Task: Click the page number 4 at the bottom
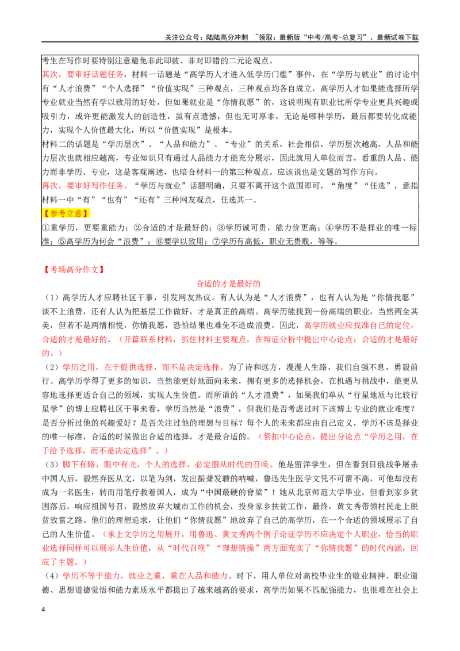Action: pyautogui.click(x=44, y=610)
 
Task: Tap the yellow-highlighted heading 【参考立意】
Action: pyautogui.click(x=66, y=213)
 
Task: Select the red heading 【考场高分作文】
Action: pyautogui.click(x=74, y=270)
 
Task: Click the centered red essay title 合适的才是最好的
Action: pyautogui.click(x=228, y=284)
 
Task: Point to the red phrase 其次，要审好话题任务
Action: pyautogui.click(x=83, y=74)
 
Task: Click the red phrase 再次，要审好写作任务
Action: pyautogui.click(x=83, y=186)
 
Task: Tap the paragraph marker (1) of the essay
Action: pyautogui.click(x=52, y=297)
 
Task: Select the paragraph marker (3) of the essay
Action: pyautogui.click(x=52, y=464)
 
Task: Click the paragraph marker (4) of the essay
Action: pyautogui.click(x=52, y=576)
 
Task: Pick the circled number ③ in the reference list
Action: pyautogui.click(x=221, y=228)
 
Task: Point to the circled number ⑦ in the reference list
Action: pyautogui.click(x=216, y=241)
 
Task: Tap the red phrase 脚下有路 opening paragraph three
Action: pyautogui.click(x=79, y=464)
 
